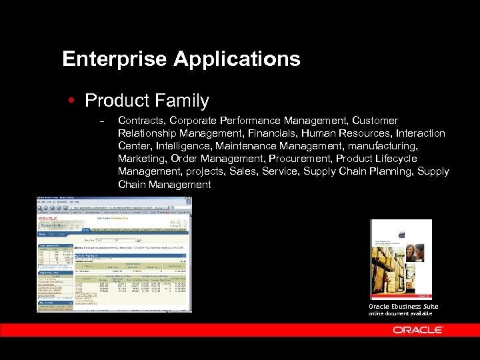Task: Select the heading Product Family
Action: pos(147,101)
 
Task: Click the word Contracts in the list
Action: pos(141,121)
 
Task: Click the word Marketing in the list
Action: pos(141,159)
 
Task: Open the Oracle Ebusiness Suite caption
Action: pos(403,307)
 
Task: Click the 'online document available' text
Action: pos(400,313)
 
